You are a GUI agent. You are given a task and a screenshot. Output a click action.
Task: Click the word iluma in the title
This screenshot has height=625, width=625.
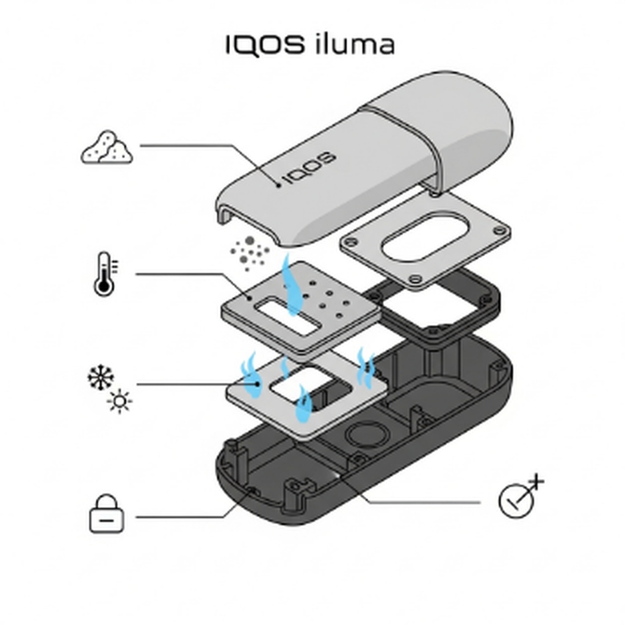point(355,45)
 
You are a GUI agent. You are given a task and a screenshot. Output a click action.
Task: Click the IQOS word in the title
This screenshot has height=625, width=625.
point(264,45)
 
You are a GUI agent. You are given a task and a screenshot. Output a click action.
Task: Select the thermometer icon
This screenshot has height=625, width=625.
point(104,274)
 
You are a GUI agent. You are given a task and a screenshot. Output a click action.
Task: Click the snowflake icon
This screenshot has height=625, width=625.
point(100,378)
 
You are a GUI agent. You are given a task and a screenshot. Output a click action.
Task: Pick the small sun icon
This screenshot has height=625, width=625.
point(119,401)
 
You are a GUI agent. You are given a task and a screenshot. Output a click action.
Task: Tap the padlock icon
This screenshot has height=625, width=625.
point(107,514)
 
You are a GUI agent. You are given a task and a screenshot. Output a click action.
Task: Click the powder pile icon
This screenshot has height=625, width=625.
point(107,148)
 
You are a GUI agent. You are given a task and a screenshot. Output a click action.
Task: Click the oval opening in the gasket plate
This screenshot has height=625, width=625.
point(425,236)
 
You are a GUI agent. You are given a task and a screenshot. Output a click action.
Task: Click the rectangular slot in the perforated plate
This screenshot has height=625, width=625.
point(287,317)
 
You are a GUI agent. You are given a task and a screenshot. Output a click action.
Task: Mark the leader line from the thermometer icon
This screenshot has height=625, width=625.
point(183,273)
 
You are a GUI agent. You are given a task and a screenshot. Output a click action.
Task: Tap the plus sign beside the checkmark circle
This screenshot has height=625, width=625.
point(536,482)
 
